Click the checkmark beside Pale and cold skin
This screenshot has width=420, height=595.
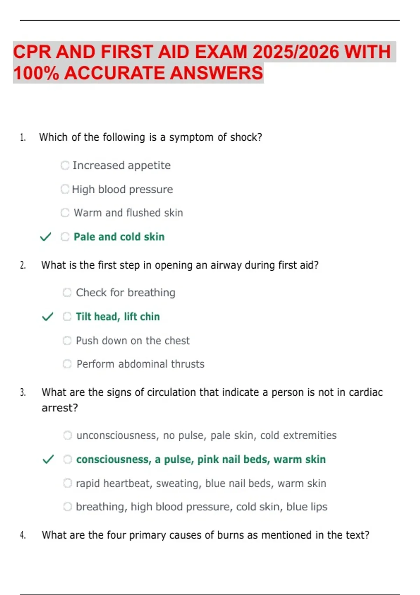(x=45, y=237)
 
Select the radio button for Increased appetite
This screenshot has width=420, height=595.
(x=65, y=165)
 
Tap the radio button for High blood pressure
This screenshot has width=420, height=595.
(x=65, y=189)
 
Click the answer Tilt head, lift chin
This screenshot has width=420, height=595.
(x=118, y=317)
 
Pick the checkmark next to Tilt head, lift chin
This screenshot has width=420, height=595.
(x=48, y=317)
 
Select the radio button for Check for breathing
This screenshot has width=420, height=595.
(x=67, y=293)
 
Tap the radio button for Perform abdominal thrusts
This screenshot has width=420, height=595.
(x=67, y=364)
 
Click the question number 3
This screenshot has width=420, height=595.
(x=23, y=393)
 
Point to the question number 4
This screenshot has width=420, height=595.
(x=23, y=535)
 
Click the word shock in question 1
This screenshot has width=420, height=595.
(x=246, y=137)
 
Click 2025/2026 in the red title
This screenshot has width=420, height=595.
(x=296, y=52)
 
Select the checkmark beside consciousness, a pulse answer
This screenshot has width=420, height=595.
(x=48, y=459)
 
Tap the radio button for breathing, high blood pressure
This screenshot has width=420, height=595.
(x=68, y=507)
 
